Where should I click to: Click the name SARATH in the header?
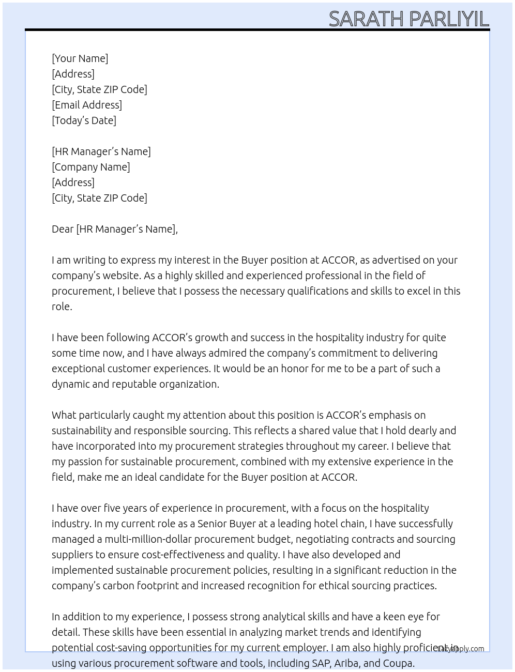[366, 19]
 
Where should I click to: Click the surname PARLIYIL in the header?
[448, 19]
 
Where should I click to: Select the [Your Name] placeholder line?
[80, 58]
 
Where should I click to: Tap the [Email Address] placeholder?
[87, 105]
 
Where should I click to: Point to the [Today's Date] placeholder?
[84, 120]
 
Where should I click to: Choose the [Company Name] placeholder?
[90, 167]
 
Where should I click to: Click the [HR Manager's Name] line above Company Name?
[101, 151]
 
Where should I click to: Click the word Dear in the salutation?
[63, 229]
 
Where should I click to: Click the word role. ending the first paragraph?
[62, 307]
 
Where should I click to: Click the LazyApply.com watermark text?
[461, 649]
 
